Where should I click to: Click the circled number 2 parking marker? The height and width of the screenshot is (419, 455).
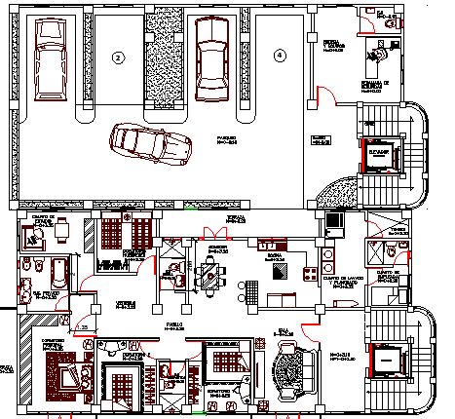(118, 57)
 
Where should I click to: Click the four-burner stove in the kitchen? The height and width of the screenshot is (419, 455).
(313, 270)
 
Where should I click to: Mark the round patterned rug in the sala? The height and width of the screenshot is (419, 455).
(289, 371)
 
